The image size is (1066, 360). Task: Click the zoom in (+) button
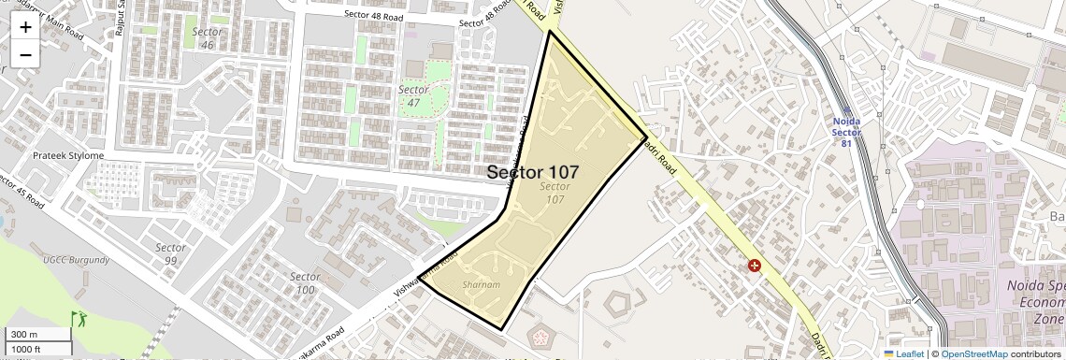pyautogui.click(x=25, y=26)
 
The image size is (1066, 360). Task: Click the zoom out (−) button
pyautogui.click(x=25, y=54)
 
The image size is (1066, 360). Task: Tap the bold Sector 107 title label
pyautogui.click(x=532, y=172)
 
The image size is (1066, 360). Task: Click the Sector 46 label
pyautogui.click(x=207, y=38)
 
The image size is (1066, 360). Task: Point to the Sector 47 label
pyautogui.click(x=413, y=95)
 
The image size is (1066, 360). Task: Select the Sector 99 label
pyautogui.click(x=169, y=254)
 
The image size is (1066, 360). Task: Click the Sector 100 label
pyautogui.click(x=305, y=283)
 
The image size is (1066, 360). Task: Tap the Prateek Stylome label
pyautogui.click(x=68, y=155)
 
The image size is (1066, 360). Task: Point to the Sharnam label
pyautogui.click(x=482, y=284)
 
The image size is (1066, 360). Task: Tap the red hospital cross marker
pyautogui.click(x=755, y=266)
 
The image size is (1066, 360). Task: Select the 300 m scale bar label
pyautogui.click(x=25, y=335)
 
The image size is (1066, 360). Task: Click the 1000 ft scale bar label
pyautogui.click(x=27, y=349)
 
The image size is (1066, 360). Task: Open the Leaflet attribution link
pyautogui.click(x=903, y=353)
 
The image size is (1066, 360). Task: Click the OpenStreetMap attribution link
pyautogui.click(x=974, y=353)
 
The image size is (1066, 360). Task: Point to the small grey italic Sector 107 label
pyautogui.click(x=554, y=193)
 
